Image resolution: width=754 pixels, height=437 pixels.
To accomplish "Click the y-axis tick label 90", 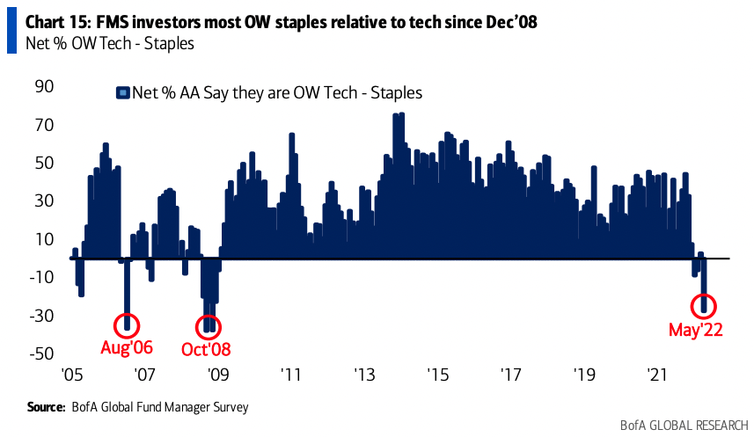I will [x=44, y=87].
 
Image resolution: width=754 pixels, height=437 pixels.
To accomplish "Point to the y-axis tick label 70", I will [x=44, y=125].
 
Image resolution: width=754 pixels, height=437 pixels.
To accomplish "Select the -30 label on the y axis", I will [x=40, y=315].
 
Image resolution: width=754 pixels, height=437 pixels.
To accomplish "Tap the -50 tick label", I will [x=40, y=353].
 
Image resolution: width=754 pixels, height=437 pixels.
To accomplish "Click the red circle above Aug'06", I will [x=128, y=322].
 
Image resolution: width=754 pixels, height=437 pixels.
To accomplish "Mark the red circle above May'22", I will [x=704, y=306].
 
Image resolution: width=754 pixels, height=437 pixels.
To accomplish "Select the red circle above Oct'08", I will [x=209, y=324].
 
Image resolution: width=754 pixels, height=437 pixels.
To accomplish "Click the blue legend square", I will [x=123, y=91].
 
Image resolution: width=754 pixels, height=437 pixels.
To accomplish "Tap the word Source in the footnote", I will [x=47, y=407].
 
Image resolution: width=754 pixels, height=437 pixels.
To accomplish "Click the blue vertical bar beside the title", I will [x=11, y=31].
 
